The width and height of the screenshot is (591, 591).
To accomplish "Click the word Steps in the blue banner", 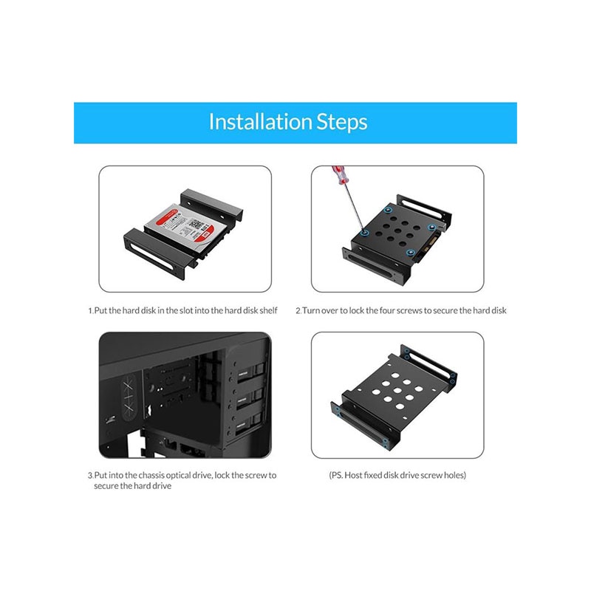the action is pos(342,123).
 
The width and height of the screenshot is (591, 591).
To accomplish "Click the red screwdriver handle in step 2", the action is pos(339,175).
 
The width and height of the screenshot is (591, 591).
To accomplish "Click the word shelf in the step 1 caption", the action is pos(268,310).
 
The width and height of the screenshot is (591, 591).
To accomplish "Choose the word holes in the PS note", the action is pos(455,475).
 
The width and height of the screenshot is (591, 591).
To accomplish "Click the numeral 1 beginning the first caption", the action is pos(90,311).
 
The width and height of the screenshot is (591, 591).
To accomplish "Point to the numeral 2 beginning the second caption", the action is pos(298,311).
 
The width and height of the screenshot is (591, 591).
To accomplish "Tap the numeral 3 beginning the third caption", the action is pos(90,476).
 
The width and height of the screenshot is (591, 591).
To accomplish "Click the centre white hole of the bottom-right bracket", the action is pos(397,391).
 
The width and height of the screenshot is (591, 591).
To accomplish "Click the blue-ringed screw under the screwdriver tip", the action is pos(364,233).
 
